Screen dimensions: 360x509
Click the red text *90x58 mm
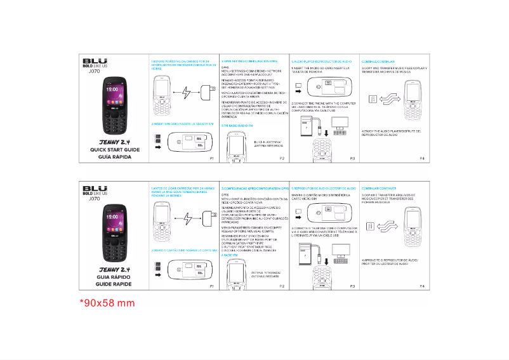[107, 302]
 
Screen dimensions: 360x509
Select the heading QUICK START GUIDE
[110, 150]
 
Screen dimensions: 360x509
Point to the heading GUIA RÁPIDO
[110, 278]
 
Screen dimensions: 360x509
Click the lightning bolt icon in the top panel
[186, 93]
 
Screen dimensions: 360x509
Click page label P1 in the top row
[212, 157]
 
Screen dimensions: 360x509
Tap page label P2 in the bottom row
[282, 286]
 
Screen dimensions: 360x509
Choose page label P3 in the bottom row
[352, 286]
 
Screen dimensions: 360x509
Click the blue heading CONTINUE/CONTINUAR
[378, 61]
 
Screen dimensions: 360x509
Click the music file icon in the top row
[373, 98]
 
